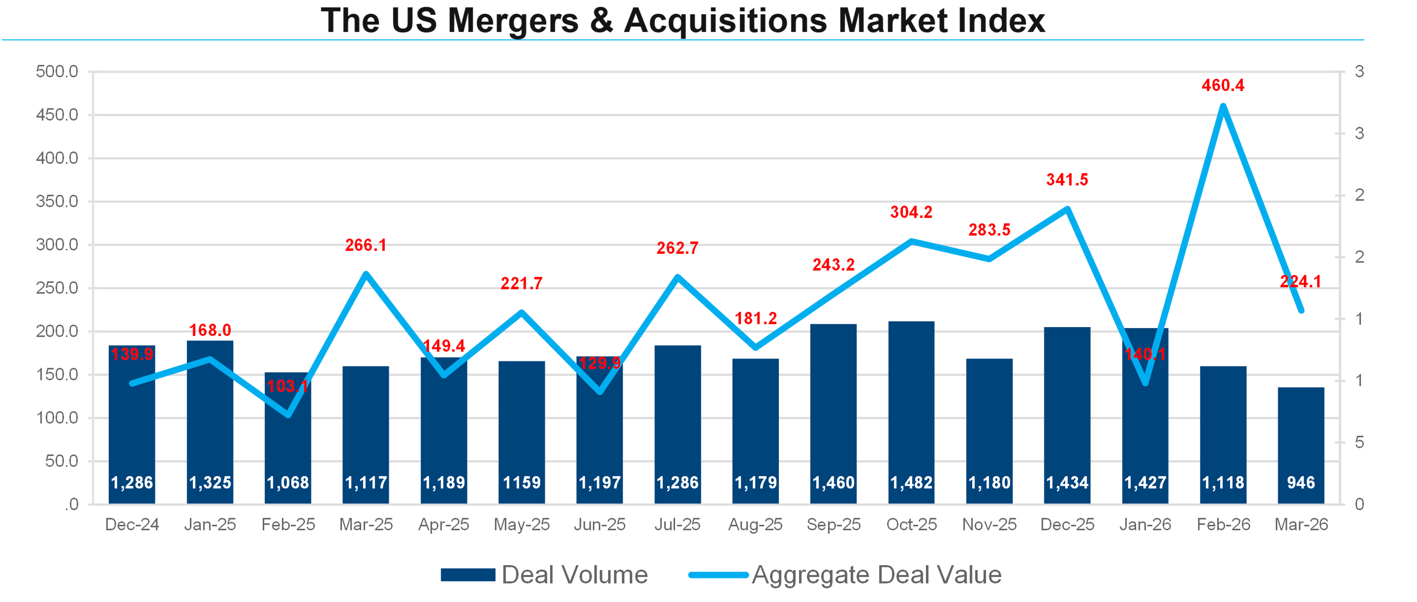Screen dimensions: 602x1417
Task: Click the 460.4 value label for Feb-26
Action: (x=1222, y=86)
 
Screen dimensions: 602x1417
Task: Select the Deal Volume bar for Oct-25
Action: (x=911, y=412)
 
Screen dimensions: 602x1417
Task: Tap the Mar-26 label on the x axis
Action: (x=1301, y=525)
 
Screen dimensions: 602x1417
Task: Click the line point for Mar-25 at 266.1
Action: (x=366, y=274)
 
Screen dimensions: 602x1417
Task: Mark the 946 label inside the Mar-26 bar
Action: (x=1301, y=483)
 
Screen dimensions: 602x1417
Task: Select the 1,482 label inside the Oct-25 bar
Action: (x=911, y=483)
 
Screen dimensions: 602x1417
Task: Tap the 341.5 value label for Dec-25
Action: (x=1067, y=180)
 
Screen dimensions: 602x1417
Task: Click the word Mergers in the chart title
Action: (x=513, y=21)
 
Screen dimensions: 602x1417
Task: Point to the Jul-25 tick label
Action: (x=677, y=525)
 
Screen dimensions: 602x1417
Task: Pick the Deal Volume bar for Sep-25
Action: (x=833, y=412)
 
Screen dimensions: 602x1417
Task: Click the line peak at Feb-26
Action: (x=1223, y=105)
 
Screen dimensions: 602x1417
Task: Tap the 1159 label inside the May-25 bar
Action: (x=522, y=483)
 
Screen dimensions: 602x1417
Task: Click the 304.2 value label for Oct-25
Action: (x=911, y=212)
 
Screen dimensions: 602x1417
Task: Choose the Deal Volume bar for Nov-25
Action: (x=989, y=429)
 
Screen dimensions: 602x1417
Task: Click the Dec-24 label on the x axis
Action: (x=132, y=525)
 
